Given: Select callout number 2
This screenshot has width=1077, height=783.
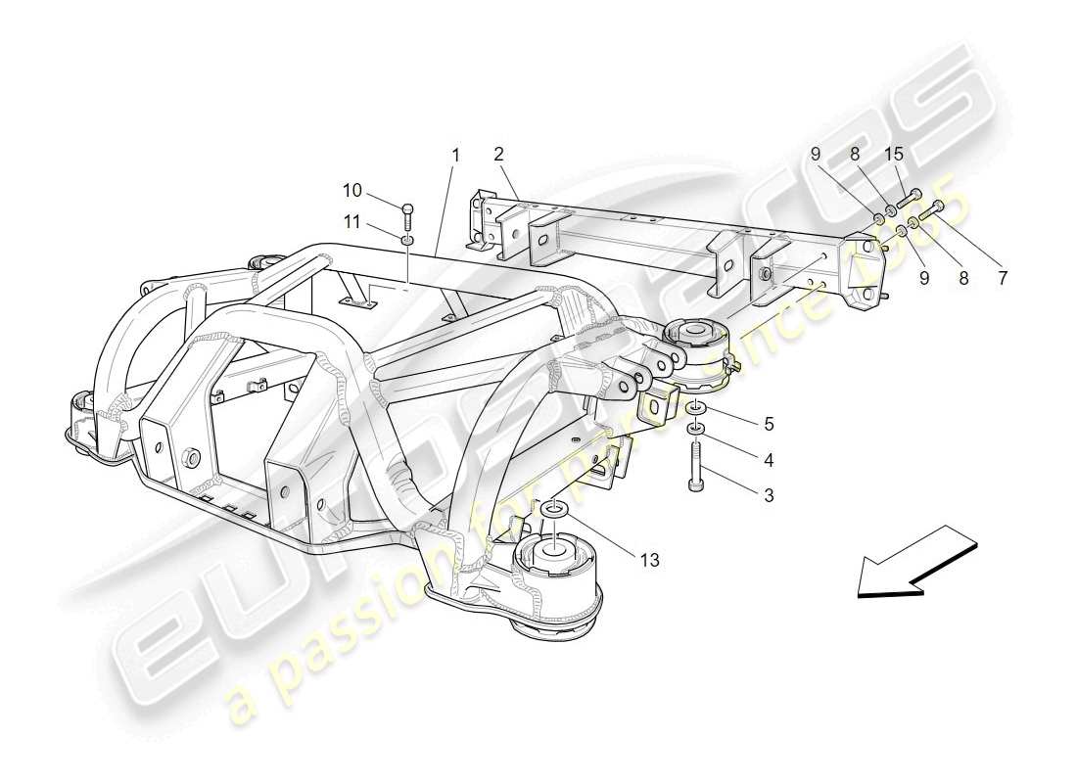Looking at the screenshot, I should [x=498, y=154].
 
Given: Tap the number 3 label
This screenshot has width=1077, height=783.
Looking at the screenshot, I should [x=769, y=496].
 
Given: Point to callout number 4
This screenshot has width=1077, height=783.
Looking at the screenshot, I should [x=769, y=459].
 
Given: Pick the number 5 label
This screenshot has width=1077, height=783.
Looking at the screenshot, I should [x=769, y=424].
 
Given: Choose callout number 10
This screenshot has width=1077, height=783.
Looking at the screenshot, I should [x=351, y=188].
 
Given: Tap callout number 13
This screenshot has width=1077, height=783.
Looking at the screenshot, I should [x=649, y=561].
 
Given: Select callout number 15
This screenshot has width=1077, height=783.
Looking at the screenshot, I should [x=895, y=154].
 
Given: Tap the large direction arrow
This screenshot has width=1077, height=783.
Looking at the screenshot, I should [x=916, y=565].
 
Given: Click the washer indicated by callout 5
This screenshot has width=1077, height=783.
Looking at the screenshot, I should [x=696, y=406].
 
